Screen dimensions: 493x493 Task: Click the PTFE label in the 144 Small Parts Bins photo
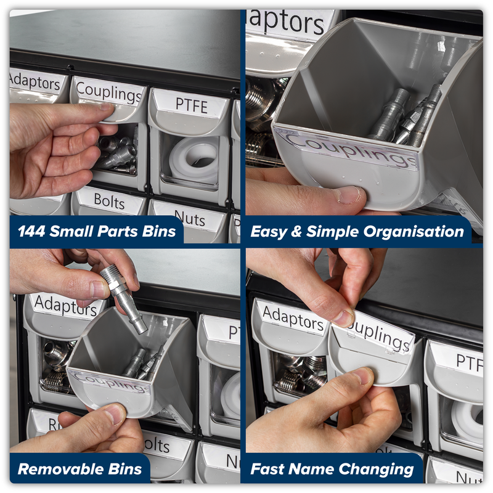(x=192, y=104)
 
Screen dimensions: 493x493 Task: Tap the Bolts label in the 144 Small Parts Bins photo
(x=109, y=200)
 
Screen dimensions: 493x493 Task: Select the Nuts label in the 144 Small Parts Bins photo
(x=189, y=216)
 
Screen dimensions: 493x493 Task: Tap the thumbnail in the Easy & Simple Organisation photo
(x=348, y=195)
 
